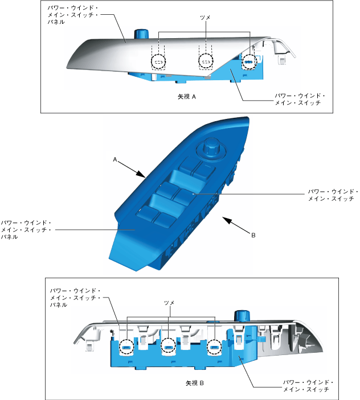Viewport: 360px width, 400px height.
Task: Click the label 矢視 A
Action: (x=187, y=97)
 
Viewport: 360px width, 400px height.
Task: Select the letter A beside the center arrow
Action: (x=114, y=161)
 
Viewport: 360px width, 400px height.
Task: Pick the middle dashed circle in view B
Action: (x=169, y=345)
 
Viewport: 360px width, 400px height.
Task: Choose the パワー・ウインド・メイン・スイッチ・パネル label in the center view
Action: (x=26, y=229)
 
